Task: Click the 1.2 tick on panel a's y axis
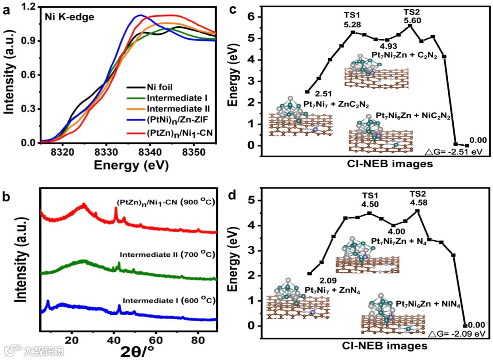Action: pos(28,7)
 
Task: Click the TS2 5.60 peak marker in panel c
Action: pos(410,26)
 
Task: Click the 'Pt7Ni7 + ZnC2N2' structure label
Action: pos(337,104)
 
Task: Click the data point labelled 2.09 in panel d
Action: pos(309,274)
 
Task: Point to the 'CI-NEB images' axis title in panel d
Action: pos(391,346)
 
